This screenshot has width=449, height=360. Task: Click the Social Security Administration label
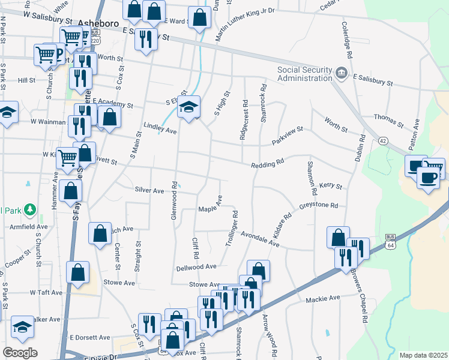304,73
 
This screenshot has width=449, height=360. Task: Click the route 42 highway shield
383,140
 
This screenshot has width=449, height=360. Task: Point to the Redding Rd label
267,164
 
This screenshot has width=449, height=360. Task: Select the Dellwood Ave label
196,266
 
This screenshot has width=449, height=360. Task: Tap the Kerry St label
330,187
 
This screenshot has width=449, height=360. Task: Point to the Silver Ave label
149,190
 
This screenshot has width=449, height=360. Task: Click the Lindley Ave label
160,128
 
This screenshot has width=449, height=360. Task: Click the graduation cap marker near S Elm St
189,108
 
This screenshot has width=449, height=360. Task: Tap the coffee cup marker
429,178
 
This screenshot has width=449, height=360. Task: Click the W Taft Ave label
46,293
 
